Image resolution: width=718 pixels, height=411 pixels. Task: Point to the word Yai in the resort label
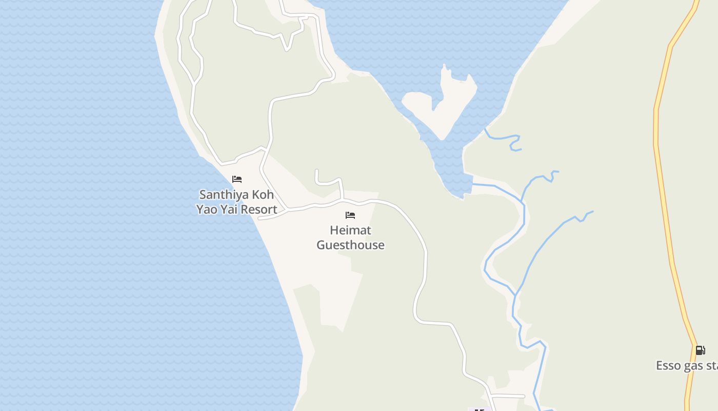[x=230, y=210]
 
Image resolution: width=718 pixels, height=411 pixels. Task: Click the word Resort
[x=259, y=210]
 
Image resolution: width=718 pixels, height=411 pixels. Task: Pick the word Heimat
[x=350, y=230]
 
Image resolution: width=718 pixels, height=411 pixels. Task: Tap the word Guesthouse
[x=350, y=245]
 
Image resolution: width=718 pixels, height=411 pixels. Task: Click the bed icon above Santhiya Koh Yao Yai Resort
[x=237, y=179]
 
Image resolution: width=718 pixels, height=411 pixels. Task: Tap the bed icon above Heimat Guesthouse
[x=350, y=215]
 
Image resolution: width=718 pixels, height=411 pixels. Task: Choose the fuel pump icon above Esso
[x=700, y=350]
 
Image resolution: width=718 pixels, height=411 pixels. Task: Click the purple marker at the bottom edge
[x=480, y=409]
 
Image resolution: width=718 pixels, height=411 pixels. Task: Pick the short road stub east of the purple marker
[x=510, y=396]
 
